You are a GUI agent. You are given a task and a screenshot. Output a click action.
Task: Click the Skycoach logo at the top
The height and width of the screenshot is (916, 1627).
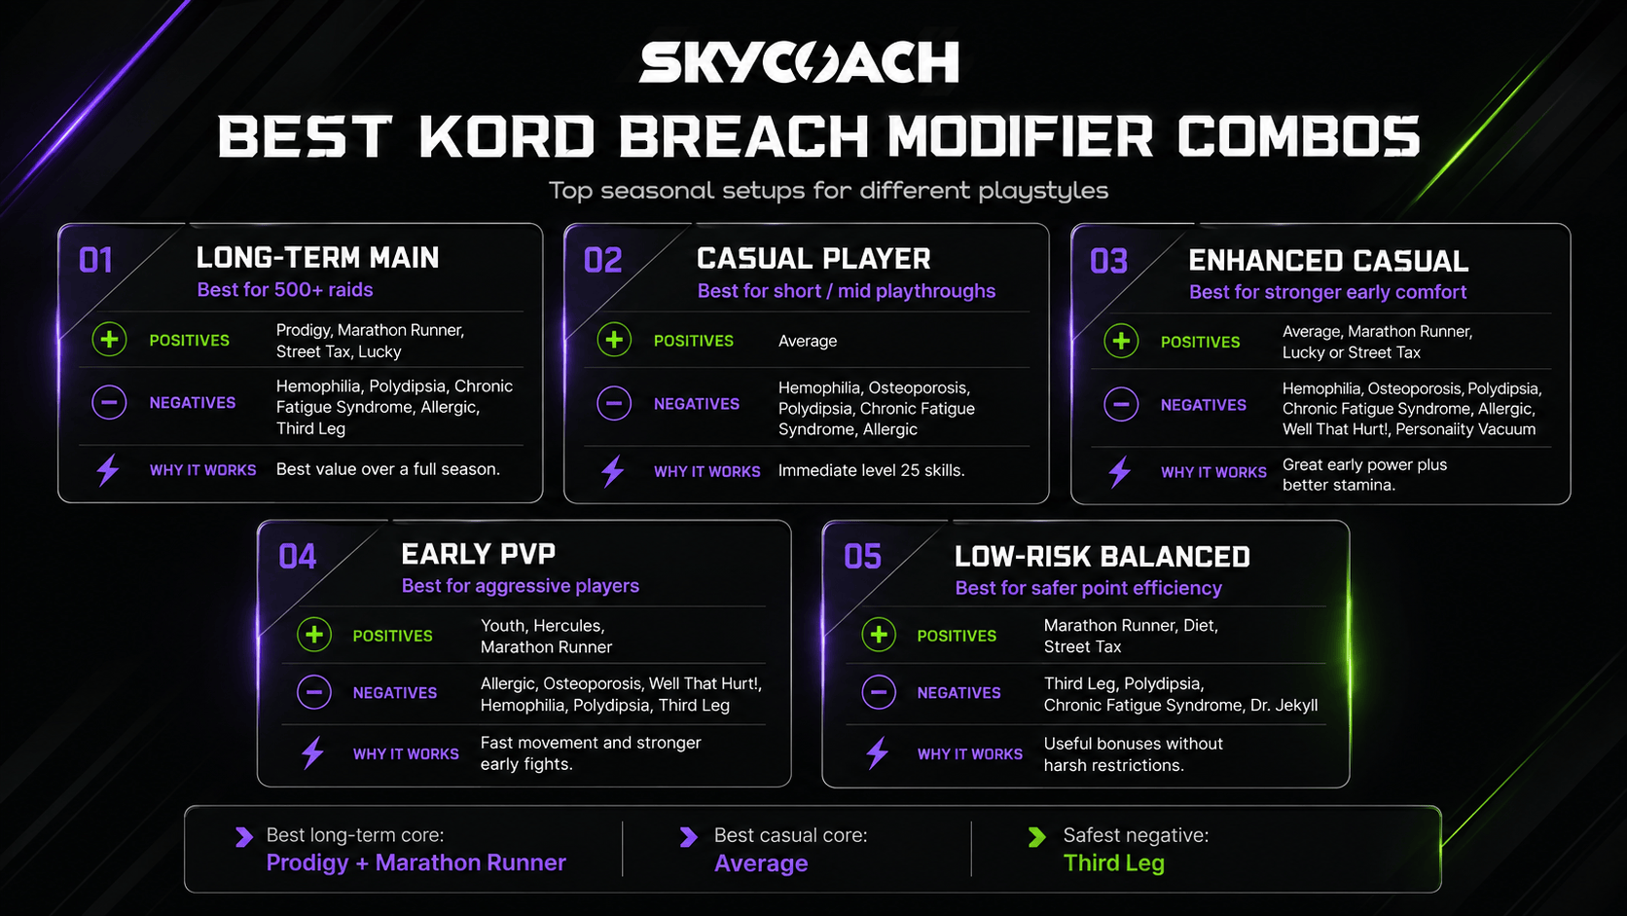point(799,61)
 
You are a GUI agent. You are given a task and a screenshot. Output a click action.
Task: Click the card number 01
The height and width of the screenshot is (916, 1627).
point(96,261)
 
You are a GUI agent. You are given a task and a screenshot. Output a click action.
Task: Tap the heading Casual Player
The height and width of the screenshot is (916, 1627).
point(813,259)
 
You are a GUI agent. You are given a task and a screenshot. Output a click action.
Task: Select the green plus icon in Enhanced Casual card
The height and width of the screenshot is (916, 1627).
point(1121,342)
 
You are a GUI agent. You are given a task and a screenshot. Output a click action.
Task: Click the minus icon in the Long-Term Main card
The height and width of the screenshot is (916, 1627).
point(109,402)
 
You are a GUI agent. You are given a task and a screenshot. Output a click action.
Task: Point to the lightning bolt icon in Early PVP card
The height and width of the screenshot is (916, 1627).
point(313,753)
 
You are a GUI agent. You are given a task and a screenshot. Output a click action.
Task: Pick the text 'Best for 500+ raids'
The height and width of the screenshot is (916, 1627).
point(285,290)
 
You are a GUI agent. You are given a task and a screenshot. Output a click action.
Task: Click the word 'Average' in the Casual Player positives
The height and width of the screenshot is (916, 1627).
point(808,341)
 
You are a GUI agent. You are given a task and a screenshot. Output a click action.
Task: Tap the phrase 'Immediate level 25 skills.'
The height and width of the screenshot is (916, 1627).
point(872,471)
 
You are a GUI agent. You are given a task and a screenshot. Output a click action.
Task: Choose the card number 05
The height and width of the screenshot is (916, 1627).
point(862,557)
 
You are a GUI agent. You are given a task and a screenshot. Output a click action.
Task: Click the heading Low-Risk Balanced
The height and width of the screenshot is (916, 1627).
point(1103,557)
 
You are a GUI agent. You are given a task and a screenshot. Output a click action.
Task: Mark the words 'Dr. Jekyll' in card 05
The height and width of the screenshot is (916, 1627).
point(1284,706)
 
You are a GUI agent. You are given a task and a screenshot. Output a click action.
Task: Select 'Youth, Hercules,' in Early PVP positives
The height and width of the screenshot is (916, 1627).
point(543,626)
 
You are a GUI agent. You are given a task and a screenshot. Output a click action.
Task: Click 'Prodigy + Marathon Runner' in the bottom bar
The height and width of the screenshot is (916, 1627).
point(416,863)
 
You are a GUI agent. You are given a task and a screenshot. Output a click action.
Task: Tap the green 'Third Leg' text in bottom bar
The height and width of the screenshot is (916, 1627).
point(1113,863)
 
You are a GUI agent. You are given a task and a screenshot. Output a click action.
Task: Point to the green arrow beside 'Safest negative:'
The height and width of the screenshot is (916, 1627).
point(1036,837)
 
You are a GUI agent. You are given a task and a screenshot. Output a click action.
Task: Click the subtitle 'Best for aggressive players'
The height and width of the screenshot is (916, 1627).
point(520,586)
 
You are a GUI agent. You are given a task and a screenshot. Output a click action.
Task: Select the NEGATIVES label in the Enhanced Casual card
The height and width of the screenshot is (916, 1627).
point(1204,405)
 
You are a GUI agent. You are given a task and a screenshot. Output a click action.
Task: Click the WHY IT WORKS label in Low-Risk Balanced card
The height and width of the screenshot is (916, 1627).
point(969,754)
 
